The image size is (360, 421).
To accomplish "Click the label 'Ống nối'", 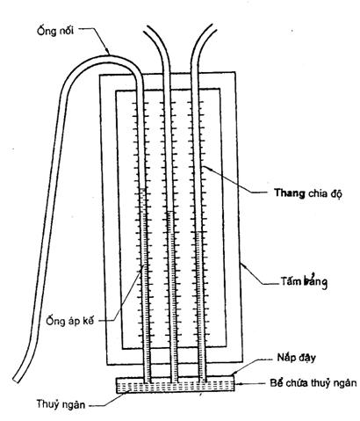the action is (x=55, y=31).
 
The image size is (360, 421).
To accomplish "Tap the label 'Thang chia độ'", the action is (x=308, y=193).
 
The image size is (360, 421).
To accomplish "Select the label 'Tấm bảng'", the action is (x=304, y=282).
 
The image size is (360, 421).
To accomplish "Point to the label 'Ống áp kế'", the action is (x=70, y=320).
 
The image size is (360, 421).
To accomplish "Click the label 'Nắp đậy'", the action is (x=296, y=358).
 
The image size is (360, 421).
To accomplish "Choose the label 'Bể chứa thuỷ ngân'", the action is (x=313, y=383).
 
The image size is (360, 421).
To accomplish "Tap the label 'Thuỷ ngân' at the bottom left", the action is (x=61, y=404).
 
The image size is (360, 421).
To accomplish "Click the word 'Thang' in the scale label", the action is (x=290, y=193).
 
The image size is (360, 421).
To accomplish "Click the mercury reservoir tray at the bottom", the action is (x=176, y=385).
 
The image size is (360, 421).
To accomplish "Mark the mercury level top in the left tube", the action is (x=142, y=189).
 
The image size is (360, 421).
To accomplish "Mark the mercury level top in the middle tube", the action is (x=170, y=212).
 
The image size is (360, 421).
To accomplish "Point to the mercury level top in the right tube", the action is (x=198, y=232).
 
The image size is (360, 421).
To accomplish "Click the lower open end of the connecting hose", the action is (x=16, y=379).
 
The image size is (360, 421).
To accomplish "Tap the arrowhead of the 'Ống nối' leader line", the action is (x=109, y=54).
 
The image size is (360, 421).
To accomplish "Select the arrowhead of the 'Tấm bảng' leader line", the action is (x=241, y=265).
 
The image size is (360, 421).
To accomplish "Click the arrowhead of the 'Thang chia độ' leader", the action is (x=204, y=166).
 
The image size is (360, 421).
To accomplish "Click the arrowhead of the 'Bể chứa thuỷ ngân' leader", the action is (x=236, y=383).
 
